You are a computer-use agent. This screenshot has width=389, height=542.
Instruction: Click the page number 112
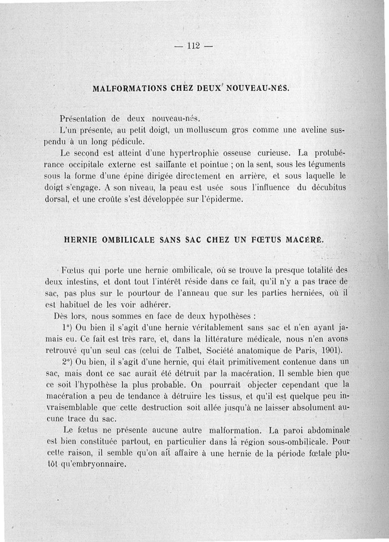point(194,47)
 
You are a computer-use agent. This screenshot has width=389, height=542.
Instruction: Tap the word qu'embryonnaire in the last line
point(95,464)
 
